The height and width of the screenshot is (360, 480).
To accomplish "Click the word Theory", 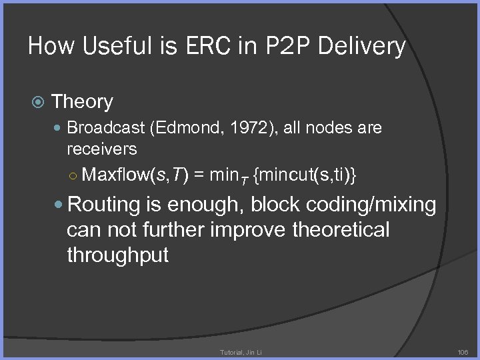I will pos(82,102).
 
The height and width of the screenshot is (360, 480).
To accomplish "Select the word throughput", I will pos(118,255).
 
